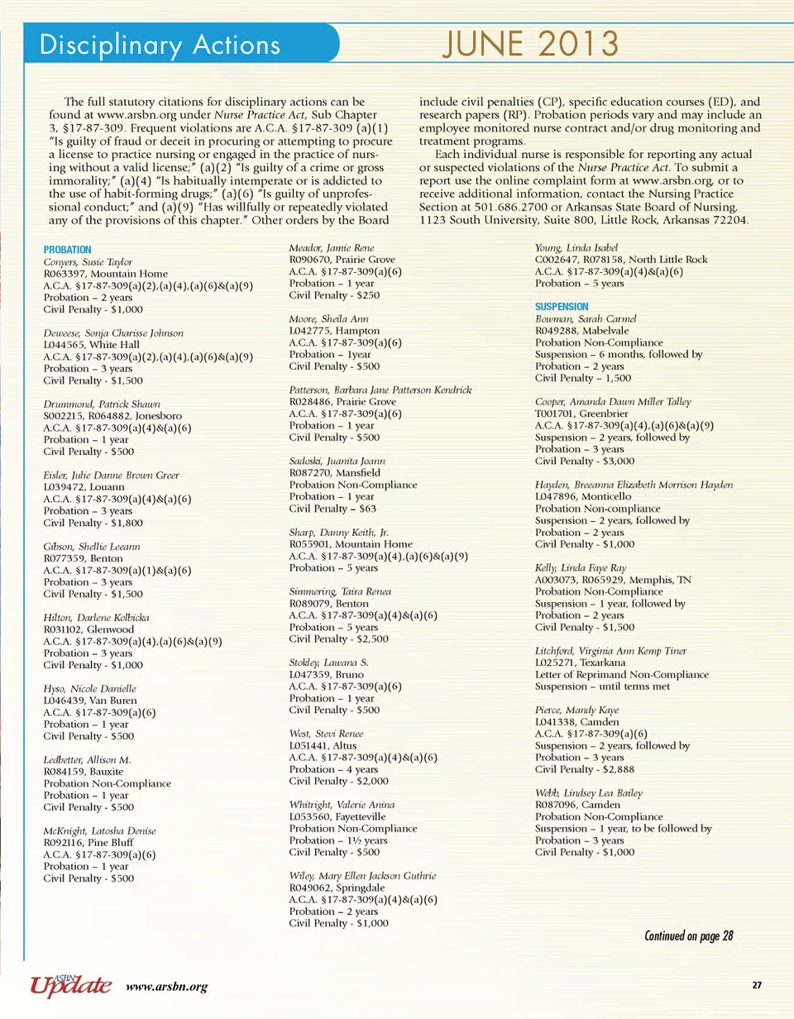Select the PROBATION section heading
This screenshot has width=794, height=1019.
[67, 249]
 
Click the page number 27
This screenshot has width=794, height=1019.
[757, 985]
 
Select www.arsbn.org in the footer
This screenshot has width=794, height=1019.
[166, 986]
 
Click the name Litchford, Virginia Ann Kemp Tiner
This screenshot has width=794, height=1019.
[618, 651]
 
